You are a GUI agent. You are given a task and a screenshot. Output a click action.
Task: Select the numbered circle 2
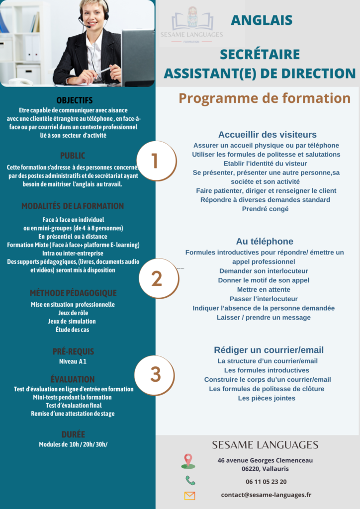click(157, 278)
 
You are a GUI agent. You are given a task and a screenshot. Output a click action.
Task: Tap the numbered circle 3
click(156, 375)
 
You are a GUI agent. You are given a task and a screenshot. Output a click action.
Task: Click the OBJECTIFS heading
click(75, 100)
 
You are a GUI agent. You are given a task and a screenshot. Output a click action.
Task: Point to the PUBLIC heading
click(73, 156)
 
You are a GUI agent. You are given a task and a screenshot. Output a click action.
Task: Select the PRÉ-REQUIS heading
click(73, 351)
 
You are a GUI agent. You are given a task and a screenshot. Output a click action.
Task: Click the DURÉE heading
click(73, 434)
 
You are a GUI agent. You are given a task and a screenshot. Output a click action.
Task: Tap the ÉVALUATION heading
click(73, 379)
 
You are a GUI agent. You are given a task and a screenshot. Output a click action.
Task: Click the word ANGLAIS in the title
click(262, 20)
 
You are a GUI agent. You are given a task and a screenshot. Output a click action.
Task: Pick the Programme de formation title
click(265, 98)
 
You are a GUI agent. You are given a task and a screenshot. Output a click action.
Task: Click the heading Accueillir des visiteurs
click(267, 135)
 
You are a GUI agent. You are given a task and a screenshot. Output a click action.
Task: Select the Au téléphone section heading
click(265, 242)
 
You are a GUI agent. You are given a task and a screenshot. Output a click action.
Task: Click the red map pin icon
click(188, 461)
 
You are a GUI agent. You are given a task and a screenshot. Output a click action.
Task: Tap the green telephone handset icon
click(190, 480)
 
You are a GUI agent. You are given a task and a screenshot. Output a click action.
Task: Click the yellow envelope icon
click(189, 496)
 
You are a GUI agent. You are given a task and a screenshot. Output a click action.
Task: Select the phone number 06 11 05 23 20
click(266, 481)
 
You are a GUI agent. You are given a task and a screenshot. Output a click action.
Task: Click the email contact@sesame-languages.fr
click(266, 495)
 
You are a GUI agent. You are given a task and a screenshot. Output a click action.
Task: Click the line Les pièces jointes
click(267, 398)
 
